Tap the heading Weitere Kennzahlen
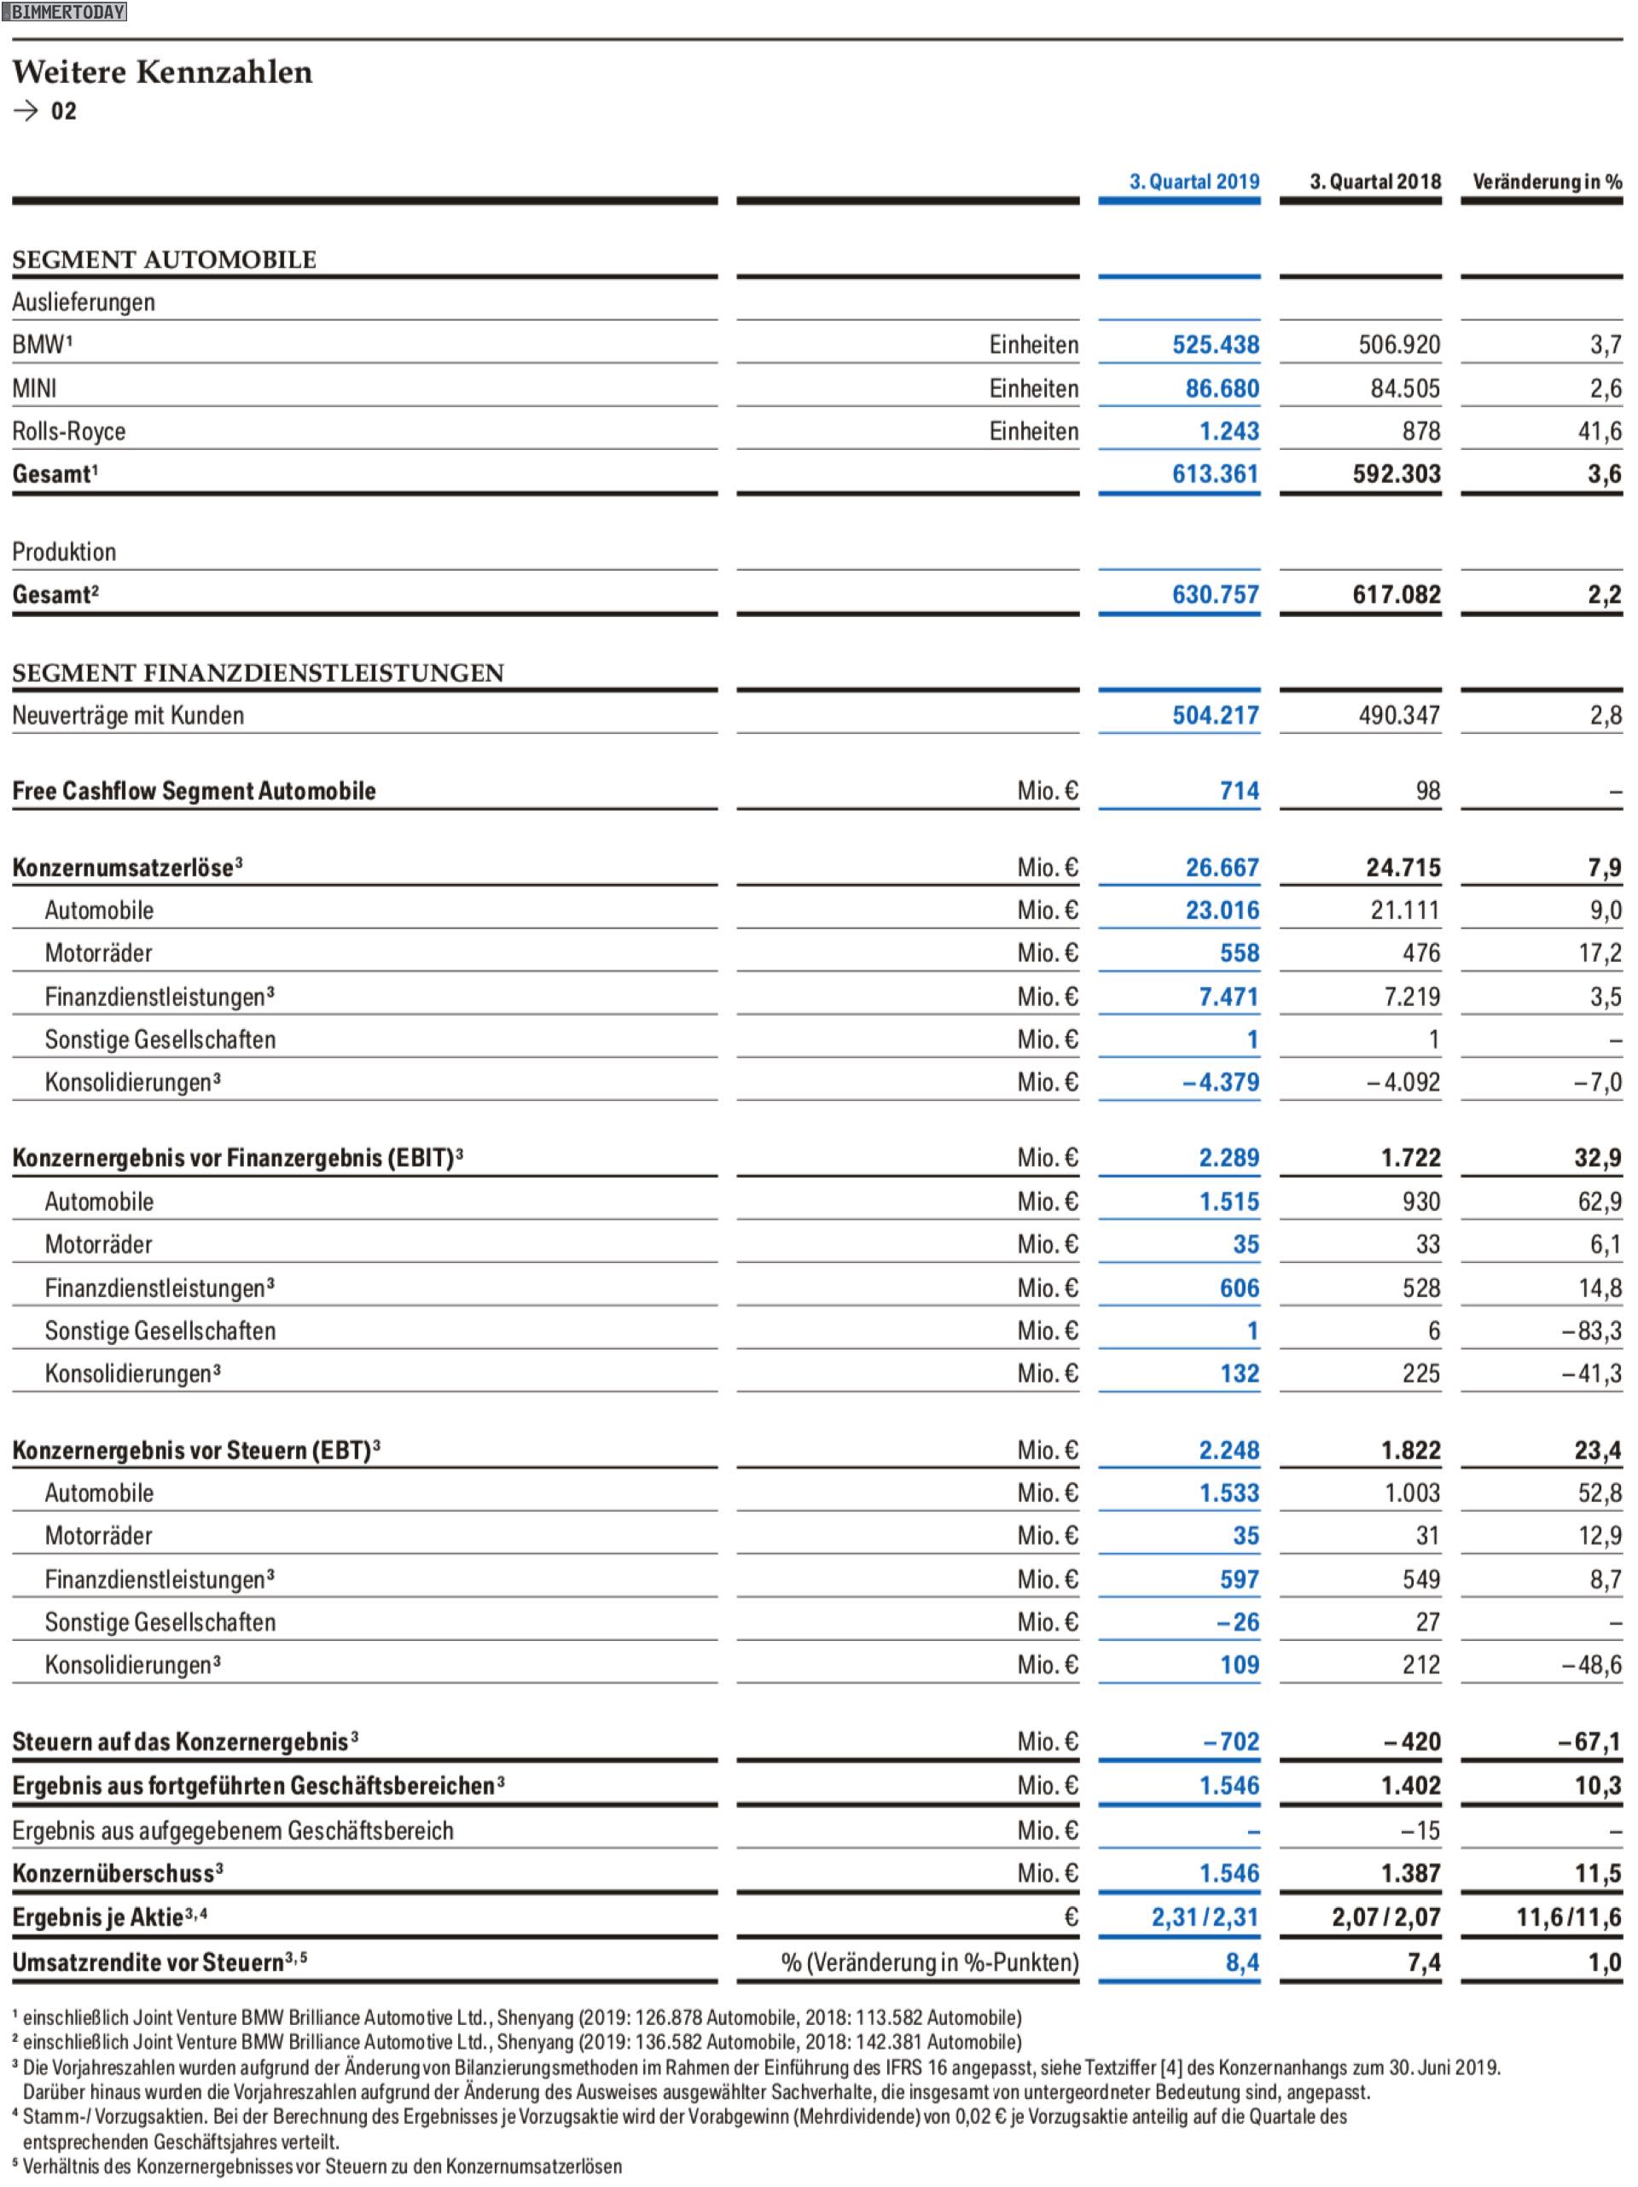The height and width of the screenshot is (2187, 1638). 162,73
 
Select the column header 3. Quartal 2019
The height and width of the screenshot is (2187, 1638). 1194,182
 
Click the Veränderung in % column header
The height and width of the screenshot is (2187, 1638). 1547,182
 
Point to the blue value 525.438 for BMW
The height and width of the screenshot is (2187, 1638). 1216,345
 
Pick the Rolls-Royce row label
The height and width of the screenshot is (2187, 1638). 69,431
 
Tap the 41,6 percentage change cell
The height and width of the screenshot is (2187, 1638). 1600,431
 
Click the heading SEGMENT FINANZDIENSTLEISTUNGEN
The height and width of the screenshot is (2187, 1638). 258,673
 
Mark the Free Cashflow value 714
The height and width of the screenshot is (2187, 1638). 1240,791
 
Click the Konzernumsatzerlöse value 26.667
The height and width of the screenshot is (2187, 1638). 1223,868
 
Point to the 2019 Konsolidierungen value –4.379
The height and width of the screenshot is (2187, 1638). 1221,1083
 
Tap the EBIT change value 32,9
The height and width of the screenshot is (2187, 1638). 1597,1158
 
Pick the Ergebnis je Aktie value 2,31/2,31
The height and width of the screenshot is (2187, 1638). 1205,1918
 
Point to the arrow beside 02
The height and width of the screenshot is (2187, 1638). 26,111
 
